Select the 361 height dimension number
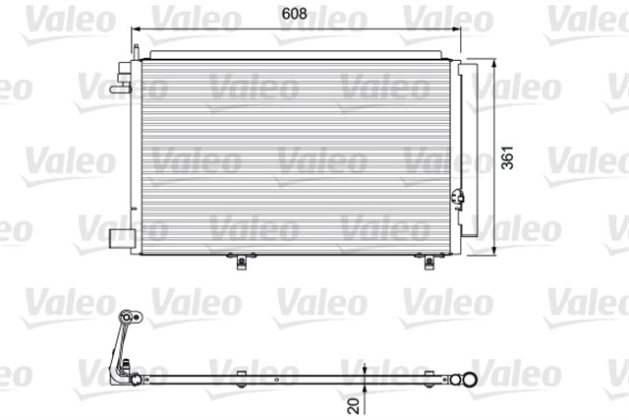coord(507,160)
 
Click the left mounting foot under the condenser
coord(240,261)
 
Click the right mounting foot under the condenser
coord(428,261)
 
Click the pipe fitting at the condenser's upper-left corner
coord(123,81)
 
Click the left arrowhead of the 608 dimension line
coord(139,30)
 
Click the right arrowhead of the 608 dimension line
coord(455,30)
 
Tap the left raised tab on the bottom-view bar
coord(240,373)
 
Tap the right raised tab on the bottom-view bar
coord(428,373)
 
